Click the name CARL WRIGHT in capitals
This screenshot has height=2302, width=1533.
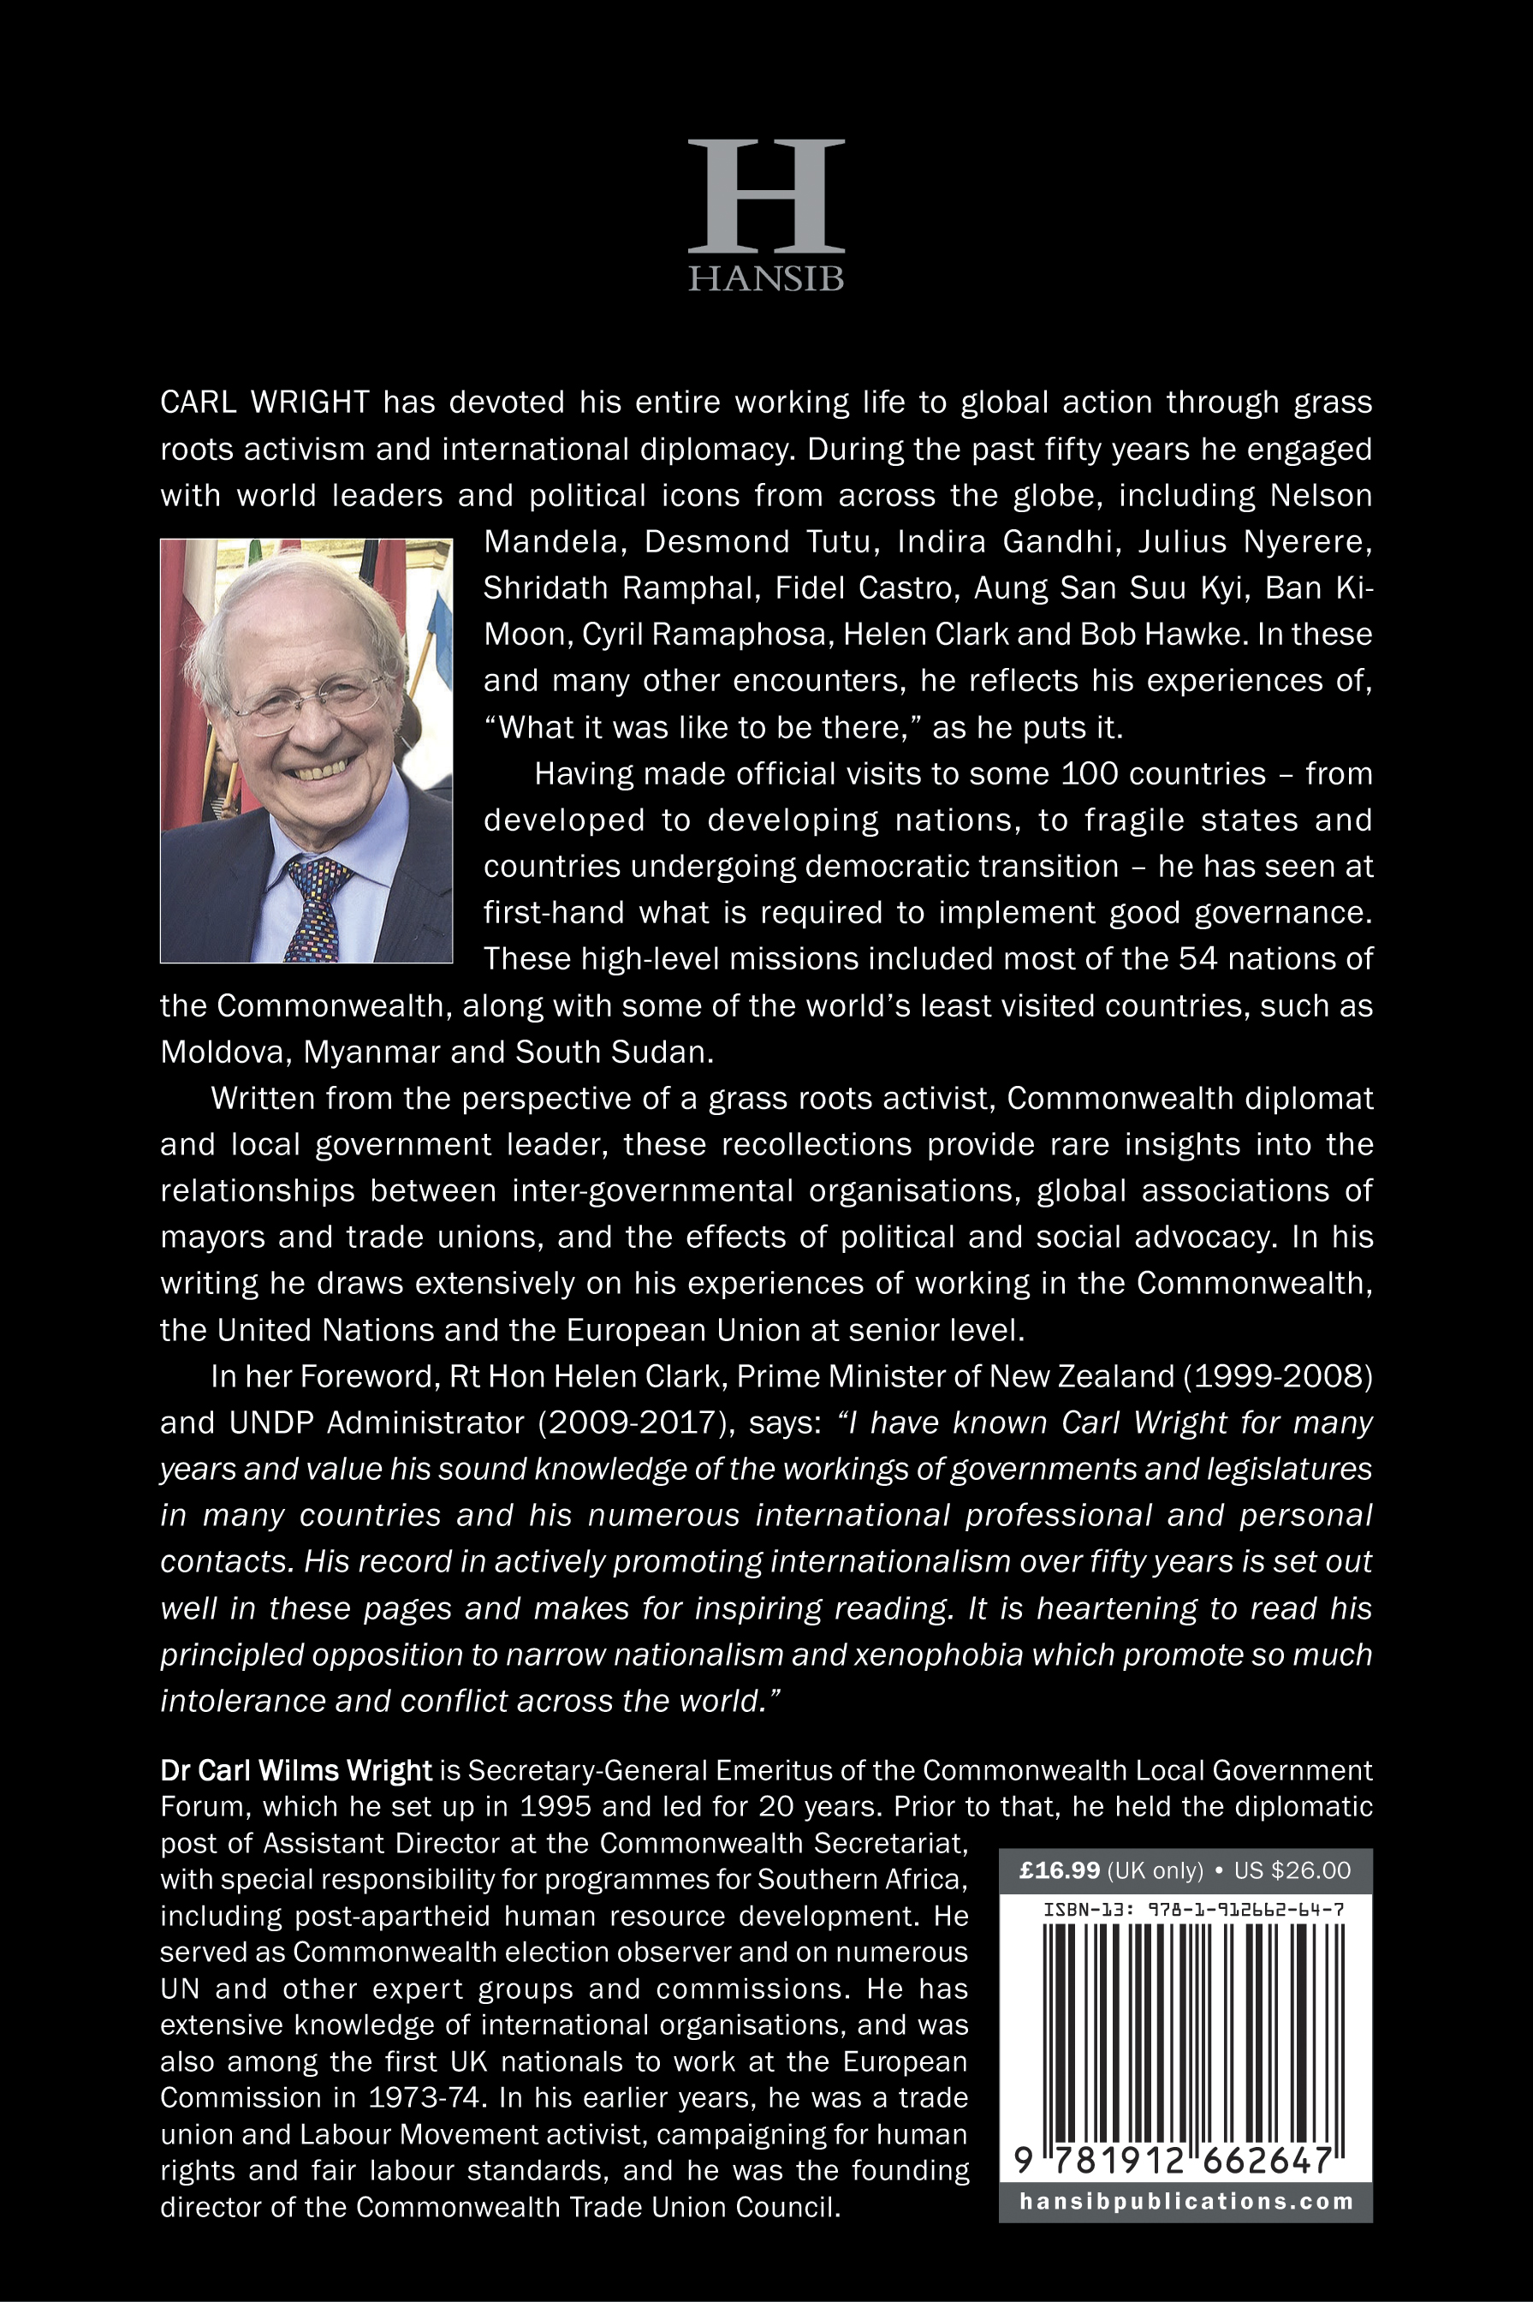(x=265, y=402)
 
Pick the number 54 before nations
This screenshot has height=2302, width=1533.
(x=1197, y=958)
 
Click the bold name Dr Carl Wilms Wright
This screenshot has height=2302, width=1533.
(x=295, y=1770)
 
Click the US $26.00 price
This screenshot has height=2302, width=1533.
(x=1292, y=1870)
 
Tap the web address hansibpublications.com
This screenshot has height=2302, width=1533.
(x=1186, y=2201)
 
